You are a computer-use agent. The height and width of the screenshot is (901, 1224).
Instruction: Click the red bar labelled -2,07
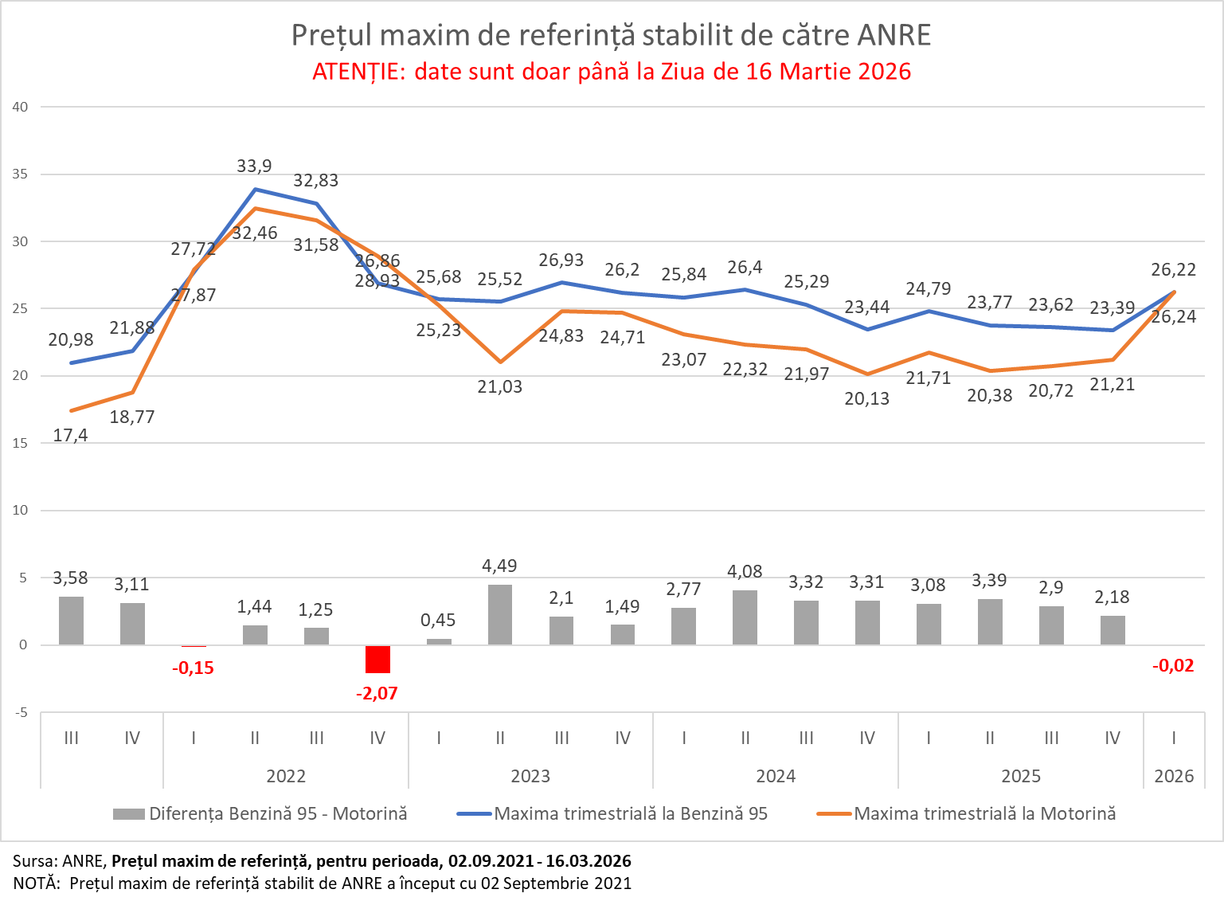(377, 660)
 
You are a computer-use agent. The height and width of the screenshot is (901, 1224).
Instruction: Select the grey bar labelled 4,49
(500, 614)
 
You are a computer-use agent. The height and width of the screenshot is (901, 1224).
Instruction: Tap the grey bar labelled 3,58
(71, 621)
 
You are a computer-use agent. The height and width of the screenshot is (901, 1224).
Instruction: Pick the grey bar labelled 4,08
(745, 617)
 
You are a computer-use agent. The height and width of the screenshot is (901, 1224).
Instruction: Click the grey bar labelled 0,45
(439, 641)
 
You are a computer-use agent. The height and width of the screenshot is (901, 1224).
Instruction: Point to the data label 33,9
(254, 166)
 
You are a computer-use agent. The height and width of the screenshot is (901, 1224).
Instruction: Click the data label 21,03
(500, 387)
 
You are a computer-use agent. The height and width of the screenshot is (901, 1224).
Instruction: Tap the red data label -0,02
(1173, 666)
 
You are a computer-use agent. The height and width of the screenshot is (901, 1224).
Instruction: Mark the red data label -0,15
(193, 668)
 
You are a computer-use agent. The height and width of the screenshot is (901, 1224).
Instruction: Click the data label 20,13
(866, 399)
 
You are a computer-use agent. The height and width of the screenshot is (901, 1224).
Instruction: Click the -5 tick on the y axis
(20, 712)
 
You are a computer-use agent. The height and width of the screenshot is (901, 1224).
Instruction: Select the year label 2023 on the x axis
(530, 776)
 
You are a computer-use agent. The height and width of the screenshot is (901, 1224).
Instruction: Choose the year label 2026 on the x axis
(1174, 776)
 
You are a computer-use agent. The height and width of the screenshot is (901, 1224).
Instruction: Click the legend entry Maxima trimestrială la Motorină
(984, 814)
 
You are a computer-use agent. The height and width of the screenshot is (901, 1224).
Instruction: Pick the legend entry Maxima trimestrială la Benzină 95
(631, 814)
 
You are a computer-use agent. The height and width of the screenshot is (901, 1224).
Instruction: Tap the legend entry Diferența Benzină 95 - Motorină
(278, 814)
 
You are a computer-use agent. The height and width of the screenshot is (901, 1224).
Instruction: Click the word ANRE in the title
(894, 36)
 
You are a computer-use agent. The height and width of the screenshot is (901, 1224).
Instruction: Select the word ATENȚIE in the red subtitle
(358, 72)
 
